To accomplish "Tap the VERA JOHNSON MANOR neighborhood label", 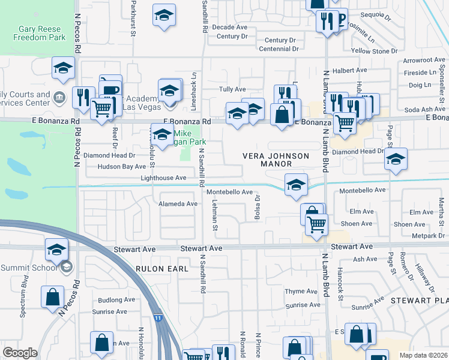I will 276,160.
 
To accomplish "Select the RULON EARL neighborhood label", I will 162,269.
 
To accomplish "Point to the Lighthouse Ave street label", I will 163,178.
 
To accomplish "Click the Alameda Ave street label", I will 178,204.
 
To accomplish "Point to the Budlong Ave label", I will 114,300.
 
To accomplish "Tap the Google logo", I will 20,353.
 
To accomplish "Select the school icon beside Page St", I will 395,159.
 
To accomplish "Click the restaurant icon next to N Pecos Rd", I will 83,97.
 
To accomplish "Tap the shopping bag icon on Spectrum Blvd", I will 53,296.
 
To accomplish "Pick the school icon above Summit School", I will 56,249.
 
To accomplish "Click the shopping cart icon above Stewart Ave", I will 316,224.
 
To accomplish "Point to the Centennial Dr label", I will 279,49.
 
